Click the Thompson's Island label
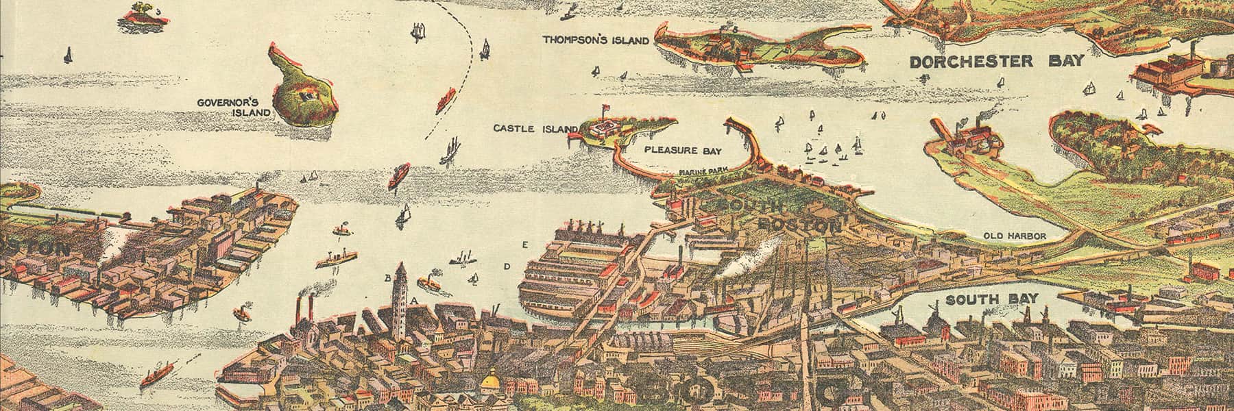click(596, 40)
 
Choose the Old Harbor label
click(1014, 236)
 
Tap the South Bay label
click(992, 299)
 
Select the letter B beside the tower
click(387, 277)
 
